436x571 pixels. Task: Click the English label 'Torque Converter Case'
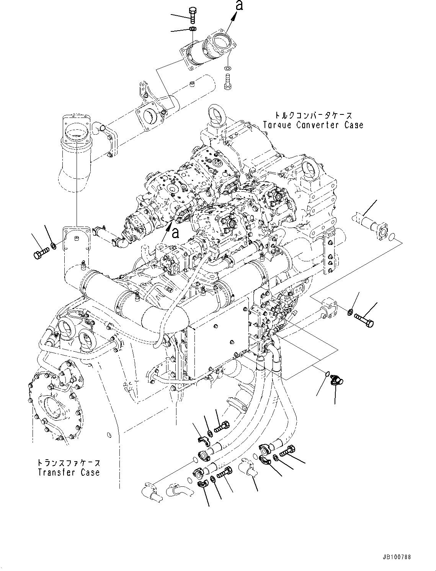tap(313, 125)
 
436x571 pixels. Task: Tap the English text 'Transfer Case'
tap(69, 472)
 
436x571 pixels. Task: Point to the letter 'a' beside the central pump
tap(175, 232)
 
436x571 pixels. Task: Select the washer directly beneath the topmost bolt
tap(193, 29)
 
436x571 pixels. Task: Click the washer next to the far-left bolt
tap(54, 245)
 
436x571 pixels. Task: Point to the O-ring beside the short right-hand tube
tap(390, 239)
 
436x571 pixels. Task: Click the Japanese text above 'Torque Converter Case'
tap(313, 115)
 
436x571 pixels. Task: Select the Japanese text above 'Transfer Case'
tap(69, 462)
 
